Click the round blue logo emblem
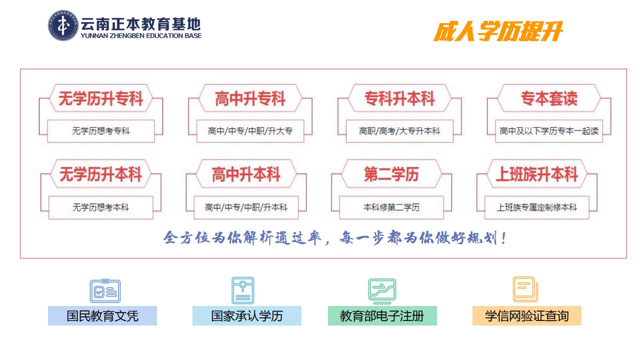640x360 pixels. (x=63, y=25)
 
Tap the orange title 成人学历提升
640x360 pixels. (x=498, y=31)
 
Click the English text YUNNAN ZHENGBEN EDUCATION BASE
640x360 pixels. (x=141, y=35)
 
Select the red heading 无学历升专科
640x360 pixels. (x=101, y=98)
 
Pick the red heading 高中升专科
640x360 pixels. (x=250, y=98)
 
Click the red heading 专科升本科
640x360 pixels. (x=399, y=98)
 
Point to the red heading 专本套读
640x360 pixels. (x=549, y=98)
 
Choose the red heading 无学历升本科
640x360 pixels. (x=101, y=174)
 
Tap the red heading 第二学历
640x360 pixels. (x=391, y=174)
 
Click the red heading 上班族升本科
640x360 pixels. (x=537, y=174)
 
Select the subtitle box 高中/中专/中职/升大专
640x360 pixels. (x=250, y=131)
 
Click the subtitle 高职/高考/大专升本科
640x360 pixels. (x=399, y=131)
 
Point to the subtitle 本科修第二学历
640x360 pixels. (x=391, y=207)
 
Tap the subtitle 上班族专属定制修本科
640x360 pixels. (x=537, y=207)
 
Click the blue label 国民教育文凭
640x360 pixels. (x=102, y=315)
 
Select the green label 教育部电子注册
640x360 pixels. (x=382, y=315)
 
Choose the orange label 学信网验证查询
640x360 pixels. (x=527, y=315)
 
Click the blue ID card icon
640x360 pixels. (x=105, y=291)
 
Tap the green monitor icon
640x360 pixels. (x=382, y=291)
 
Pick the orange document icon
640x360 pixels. (x=525, y=289)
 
